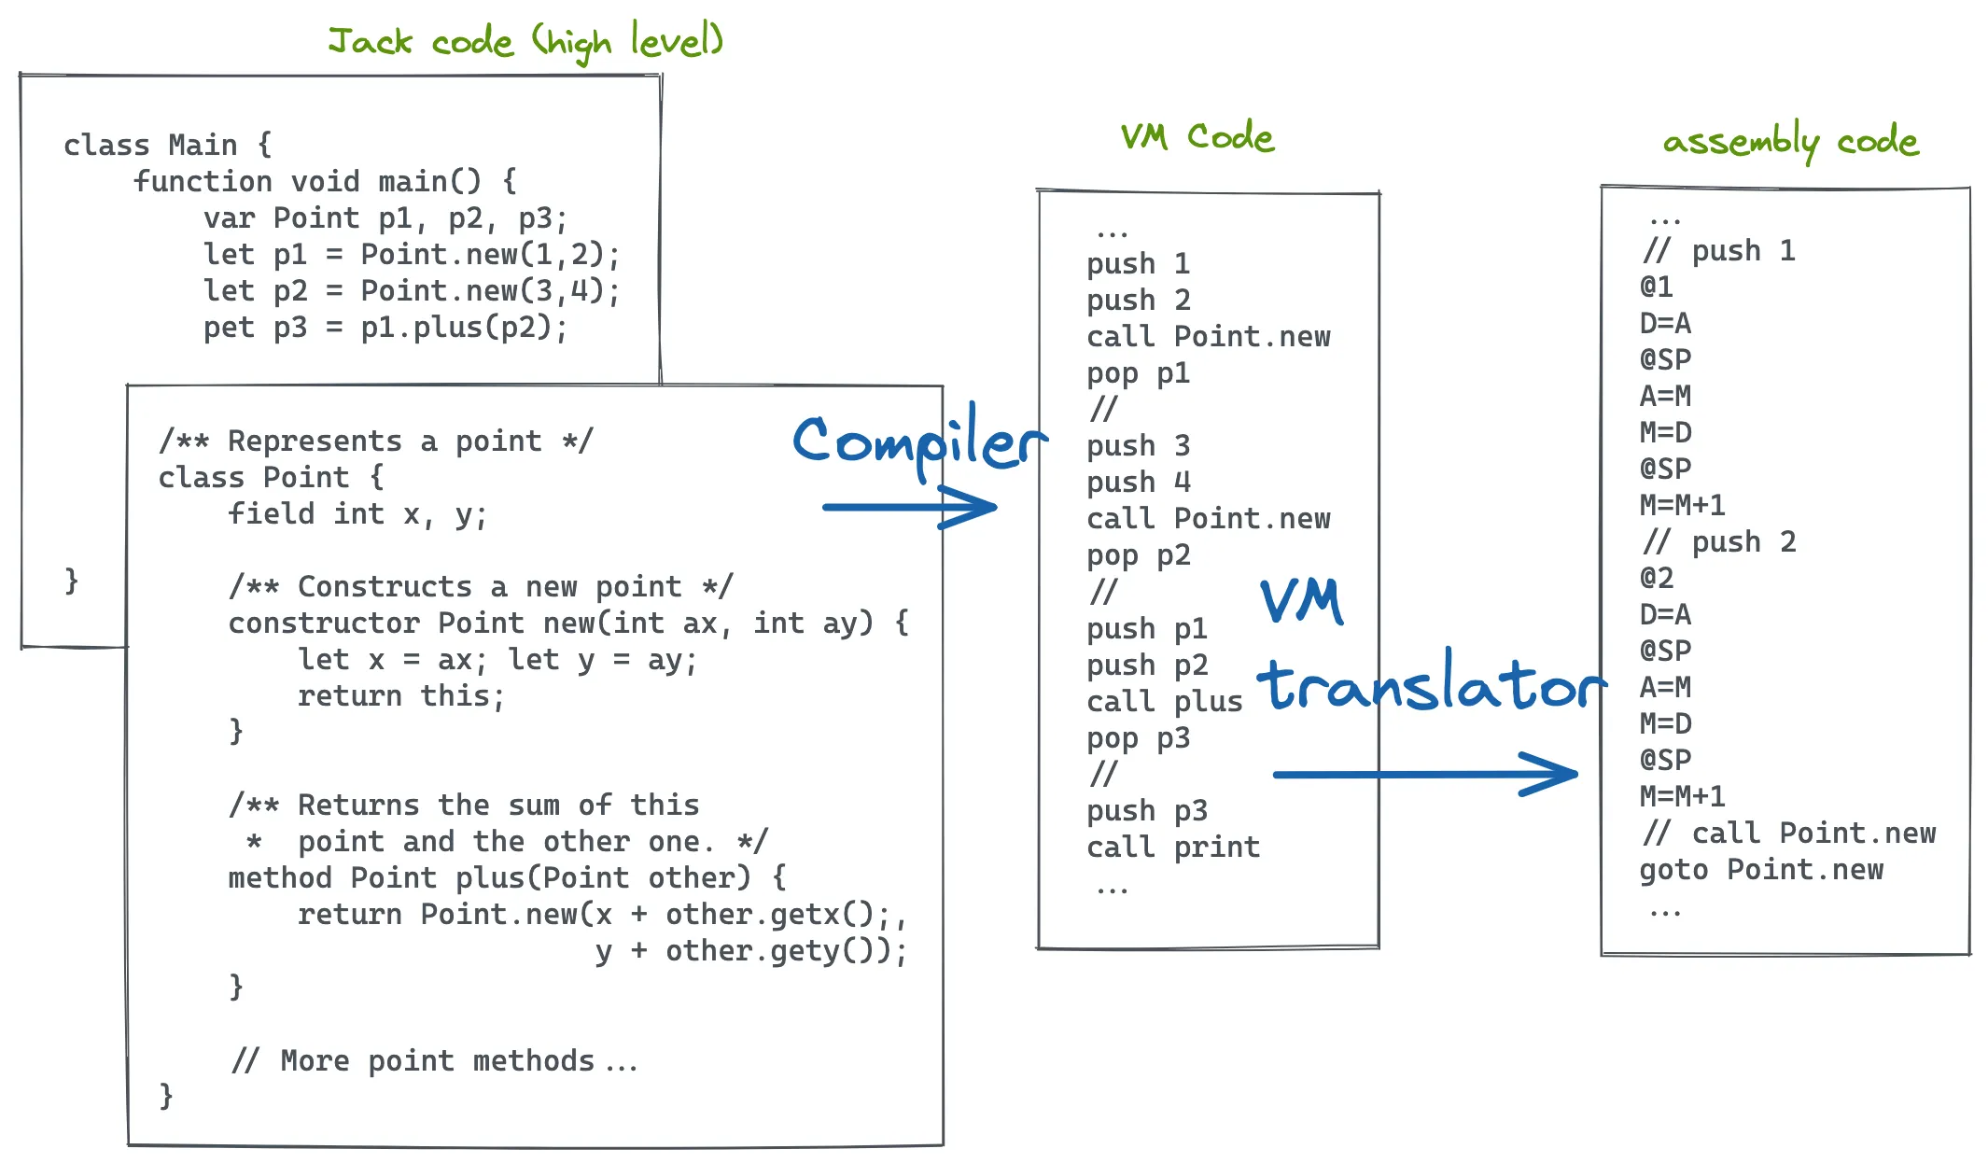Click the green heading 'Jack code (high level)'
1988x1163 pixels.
pos(525,41)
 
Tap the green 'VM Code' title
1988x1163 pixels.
pos(1197,137)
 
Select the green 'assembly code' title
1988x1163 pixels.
pos(1790,142)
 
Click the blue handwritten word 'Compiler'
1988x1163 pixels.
pos(918,441)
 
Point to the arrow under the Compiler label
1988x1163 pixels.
pos(909,507)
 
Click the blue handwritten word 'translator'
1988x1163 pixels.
pos(1430,684)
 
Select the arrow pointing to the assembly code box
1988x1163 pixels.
pos(1424,774)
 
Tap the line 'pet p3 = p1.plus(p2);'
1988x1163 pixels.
pos(385,328)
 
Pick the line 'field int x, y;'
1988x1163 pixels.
pos(357,514)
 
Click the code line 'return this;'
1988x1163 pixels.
pos(401,696)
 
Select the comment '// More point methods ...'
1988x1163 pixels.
pos(434,1061)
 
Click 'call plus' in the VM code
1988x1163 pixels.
pos(1164,702)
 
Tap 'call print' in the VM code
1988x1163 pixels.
pos(1172,848)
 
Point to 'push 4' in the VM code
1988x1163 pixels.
pos(1139,483)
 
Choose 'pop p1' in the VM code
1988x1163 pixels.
pos(1138,373)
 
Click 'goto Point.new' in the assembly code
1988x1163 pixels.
pos(1760,870)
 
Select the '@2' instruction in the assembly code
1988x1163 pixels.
pos(1657,578)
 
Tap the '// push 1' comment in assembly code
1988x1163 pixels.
pos(1718,251)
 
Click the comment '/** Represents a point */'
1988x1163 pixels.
pos(375,441)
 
